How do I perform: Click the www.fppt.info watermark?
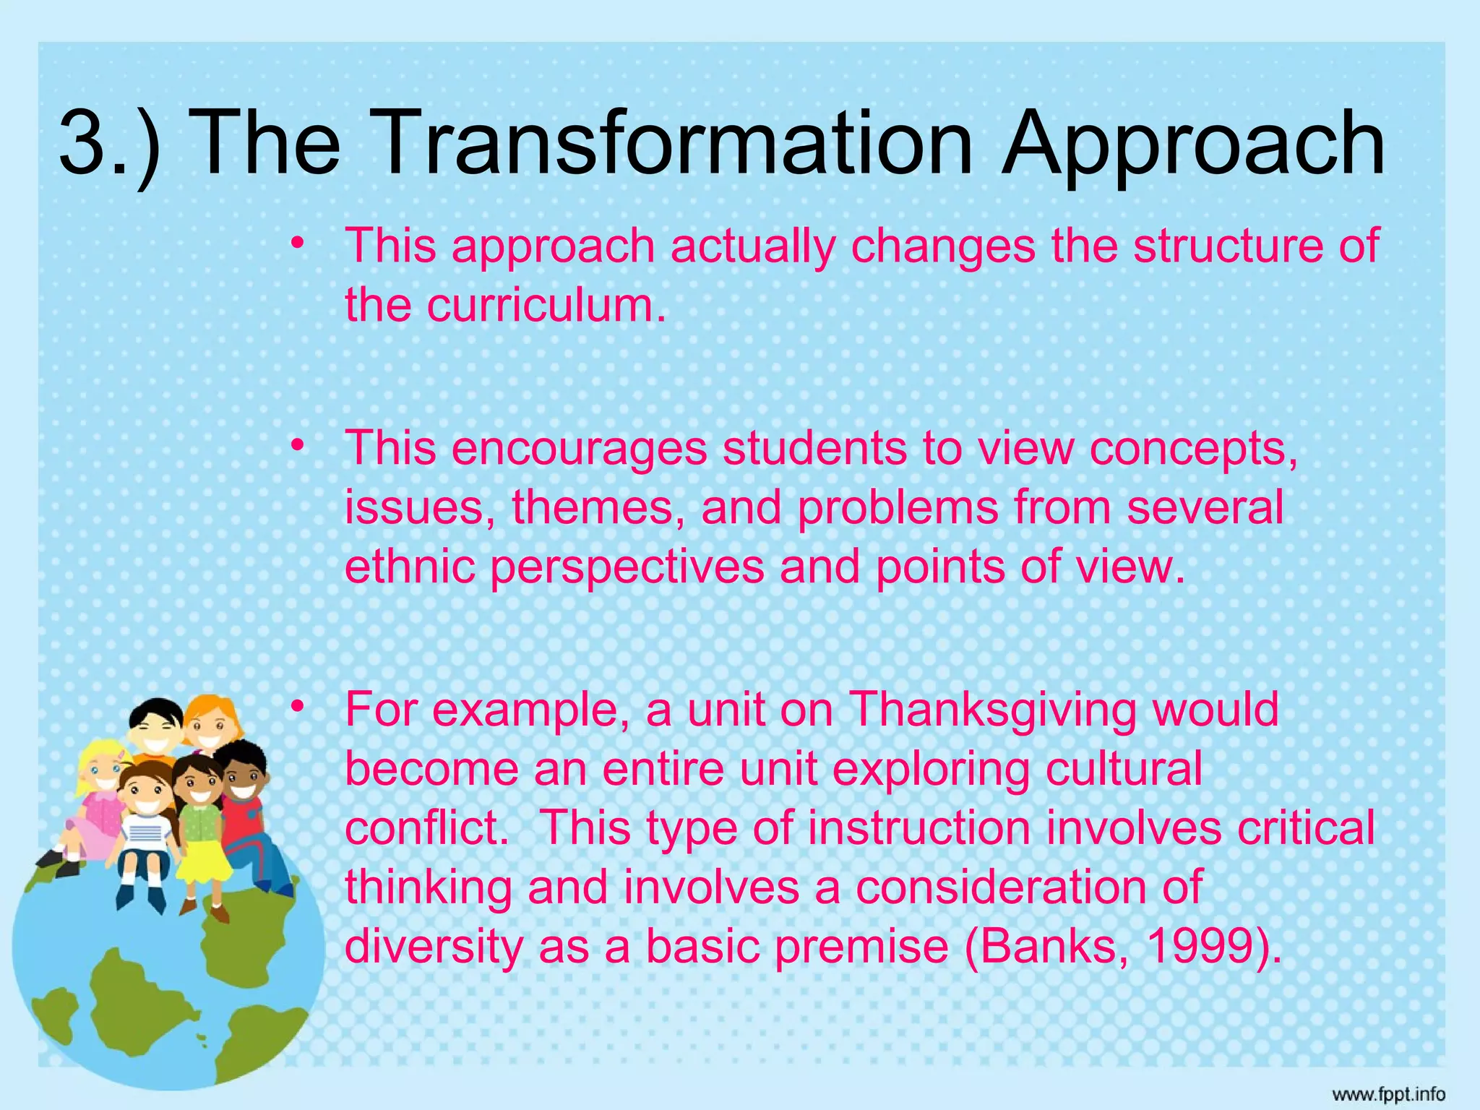(1388, 1094)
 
